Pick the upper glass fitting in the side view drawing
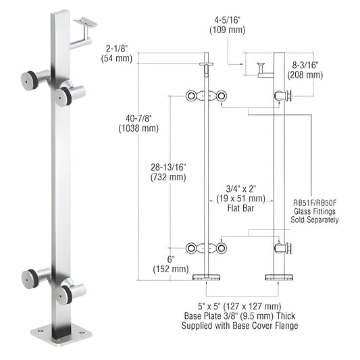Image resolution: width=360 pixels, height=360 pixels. pos(284,97)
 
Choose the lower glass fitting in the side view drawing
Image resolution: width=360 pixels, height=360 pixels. pos(284,249)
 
